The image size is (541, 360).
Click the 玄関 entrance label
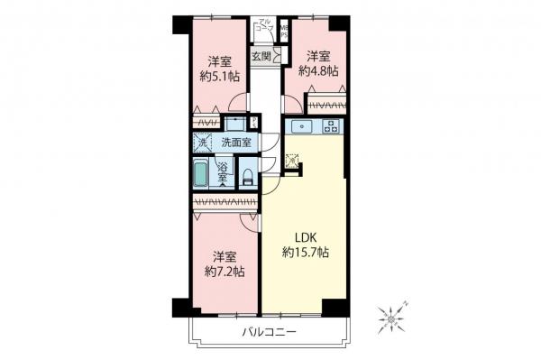click(261, 56)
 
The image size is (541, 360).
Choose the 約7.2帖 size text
click(222, 271)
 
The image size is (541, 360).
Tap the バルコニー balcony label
click(270, 333)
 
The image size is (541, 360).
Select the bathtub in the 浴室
click(202, 172)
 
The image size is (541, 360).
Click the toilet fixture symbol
click(247, 176)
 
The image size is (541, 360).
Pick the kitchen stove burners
click(331, 126)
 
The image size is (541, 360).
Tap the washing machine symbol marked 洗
click(202, 143)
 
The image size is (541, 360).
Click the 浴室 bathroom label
click(223, 171)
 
